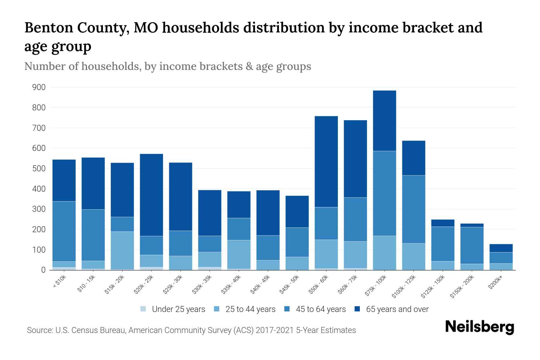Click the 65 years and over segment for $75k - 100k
pos(384,121)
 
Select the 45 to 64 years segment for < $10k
pos(64,231)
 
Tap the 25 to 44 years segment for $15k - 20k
pos(122,250)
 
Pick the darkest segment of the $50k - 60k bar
pos(326,161)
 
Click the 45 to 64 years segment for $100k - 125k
pos(413,209)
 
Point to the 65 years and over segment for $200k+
pos(501,248)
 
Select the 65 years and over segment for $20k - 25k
pos(151,195)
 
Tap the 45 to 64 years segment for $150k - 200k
pos(472,245)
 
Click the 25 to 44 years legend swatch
pos(217,309)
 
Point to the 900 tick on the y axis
pos(39,87)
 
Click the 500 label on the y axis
pos(39,169)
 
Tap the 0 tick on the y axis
pos(43,270)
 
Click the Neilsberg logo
pos(479,327)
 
